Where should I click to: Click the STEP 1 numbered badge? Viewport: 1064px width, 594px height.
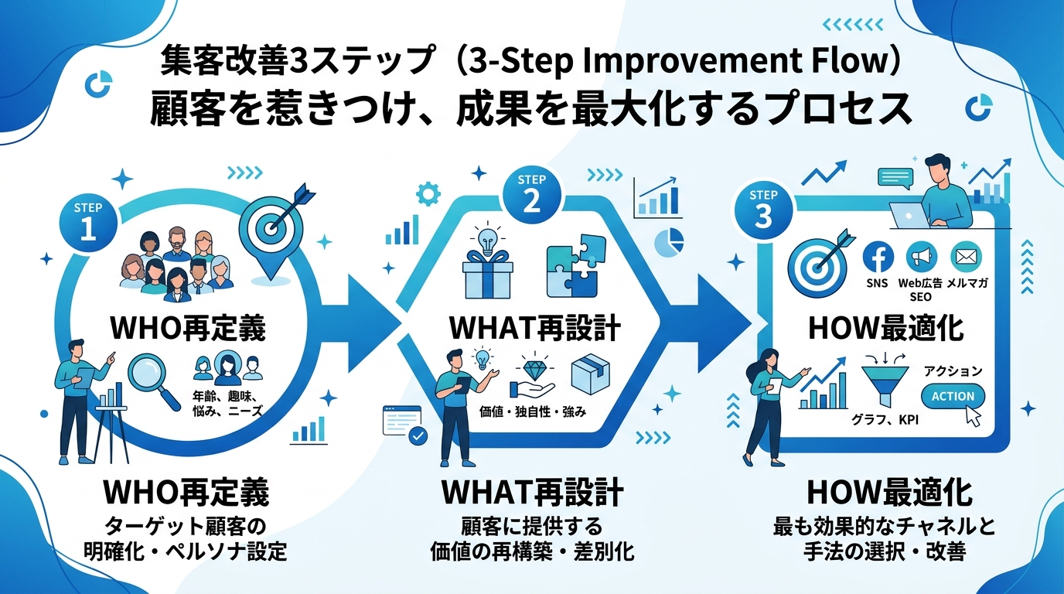point(88,220)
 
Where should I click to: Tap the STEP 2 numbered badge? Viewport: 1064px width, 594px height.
point(533,193)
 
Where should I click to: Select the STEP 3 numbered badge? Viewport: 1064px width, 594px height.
point(762,207)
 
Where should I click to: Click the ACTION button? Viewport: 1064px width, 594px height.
point(953,396)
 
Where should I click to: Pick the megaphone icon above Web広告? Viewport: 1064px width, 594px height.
point(921,257)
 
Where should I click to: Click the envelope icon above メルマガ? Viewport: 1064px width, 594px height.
point(964,257)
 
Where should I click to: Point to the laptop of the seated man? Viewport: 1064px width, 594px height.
point(909,214)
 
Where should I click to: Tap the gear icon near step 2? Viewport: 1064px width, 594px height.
point(427,193)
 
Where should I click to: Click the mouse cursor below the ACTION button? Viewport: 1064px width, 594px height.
point(971,417)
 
